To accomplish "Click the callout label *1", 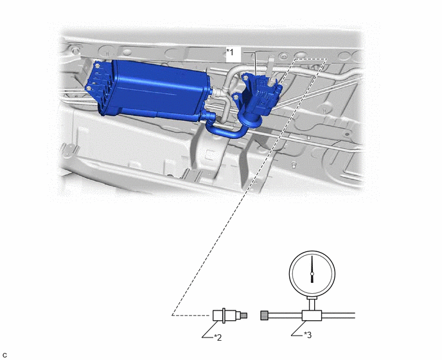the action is coord(230,52).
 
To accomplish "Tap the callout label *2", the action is coord(218,337).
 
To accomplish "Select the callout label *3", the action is coord(308,335).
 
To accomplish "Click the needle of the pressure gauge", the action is coord(312,269).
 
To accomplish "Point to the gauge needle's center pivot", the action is coord(312,273).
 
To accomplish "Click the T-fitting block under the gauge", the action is coord(312,316).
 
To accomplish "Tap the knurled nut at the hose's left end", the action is coord(265,315).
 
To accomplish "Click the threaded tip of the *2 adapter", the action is coord(244,315).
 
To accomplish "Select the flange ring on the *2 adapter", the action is coord(224,315).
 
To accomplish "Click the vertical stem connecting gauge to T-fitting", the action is coord(312,304).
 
